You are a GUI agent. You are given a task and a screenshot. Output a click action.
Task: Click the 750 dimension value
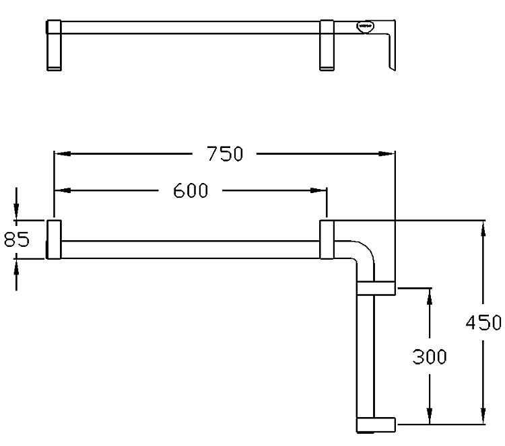click(224, 154)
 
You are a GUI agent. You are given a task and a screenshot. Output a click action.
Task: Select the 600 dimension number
click(191, 190)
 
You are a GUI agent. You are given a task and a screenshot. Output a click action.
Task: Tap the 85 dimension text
click(16, 239)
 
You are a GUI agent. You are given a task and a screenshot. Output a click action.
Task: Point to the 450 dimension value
click(483, 322)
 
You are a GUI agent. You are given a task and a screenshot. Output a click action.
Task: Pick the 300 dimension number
click(430, 357)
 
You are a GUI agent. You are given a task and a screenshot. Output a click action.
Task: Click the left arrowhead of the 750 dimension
click(62, 154)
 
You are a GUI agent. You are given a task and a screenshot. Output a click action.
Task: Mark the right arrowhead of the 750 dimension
click(386, 154)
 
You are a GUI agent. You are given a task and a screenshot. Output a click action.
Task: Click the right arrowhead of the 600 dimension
click(318, 190)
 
